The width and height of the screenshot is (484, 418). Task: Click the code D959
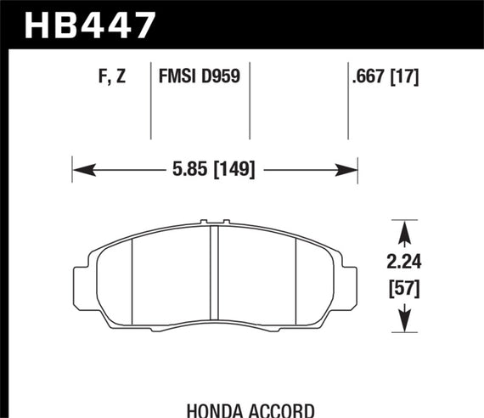click(x=223, y=77)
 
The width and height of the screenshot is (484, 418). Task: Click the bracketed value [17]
click(x=407, y=77)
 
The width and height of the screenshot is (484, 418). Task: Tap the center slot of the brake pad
click(x=214, y=272)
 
